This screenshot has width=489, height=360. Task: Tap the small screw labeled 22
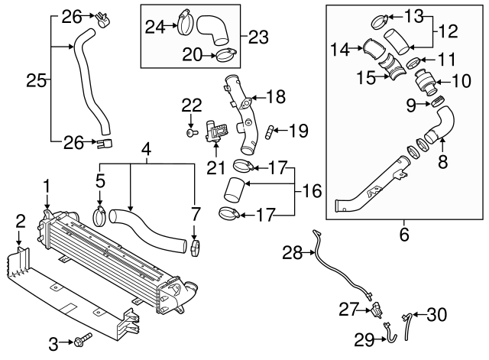click(189, 132)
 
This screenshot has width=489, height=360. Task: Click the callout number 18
click(276, 96)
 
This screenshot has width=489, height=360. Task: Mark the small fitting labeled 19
click(270, 131)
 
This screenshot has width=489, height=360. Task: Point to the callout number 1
click(47, 186)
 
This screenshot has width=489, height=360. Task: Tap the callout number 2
click(20, 222)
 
